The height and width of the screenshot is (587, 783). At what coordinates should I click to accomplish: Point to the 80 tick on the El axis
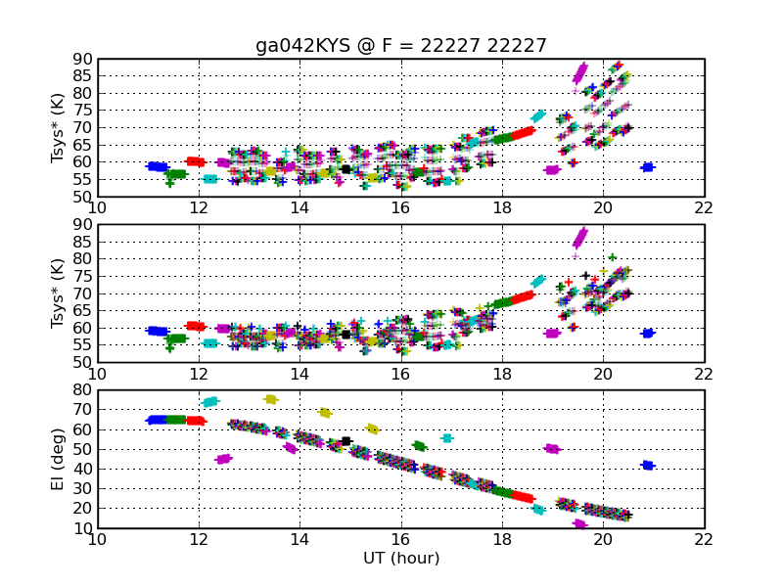pyautogui.click(x=82, y=391)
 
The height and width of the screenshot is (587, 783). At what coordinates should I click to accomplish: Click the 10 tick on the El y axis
pyautogui.click(x=82, y=529)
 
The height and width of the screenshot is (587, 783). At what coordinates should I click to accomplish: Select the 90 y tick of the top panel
pyautogui.click(x=82, y=59)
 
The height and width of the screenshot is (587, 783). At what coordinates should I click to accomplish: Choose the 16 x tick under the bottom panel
pyautogui.click(x=399, y=539)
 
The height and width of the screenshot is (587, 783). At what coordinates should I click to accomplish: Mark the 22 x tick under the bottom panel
pyautogui.click(x=703, y=539)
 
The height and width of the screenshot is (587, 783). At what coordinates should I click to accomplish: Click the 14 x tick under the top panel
pyautogui.click(x=299, y=206)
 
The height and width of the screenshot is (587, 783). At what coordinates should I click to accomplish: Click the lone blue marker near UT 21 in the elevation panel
pyautogui.click(x=647, y=466)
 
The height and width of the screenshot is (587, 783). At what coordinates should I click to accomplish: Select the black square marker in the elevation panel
pyautogui.click(x=346, y=441)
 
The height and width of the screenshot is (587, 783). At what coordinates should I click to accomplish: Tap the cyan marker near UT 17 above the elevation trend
pyautogui.click(x=447, y=438)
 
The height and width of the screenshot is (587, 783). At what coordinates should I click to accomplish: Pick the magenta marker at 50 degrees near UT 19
pyautogui.click(x=552, y=449)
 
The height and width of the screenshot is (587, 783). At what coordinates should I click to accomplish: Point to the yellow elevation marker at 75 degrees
pyautogui.click(x=271, y=399)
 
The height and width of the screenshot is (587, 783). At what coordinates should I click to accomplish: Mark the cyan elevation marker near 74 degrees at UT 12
pyautogui.click(x=209, y=401)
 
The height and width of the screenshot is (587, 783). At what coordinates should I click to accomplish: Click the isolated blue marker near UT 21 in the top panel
pyautogui.click(x=647, y=167)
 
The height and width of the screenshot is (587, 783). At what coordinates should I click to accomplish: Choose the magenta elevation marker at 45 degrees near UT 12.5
pyautogui.click(x=223, y=459)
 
